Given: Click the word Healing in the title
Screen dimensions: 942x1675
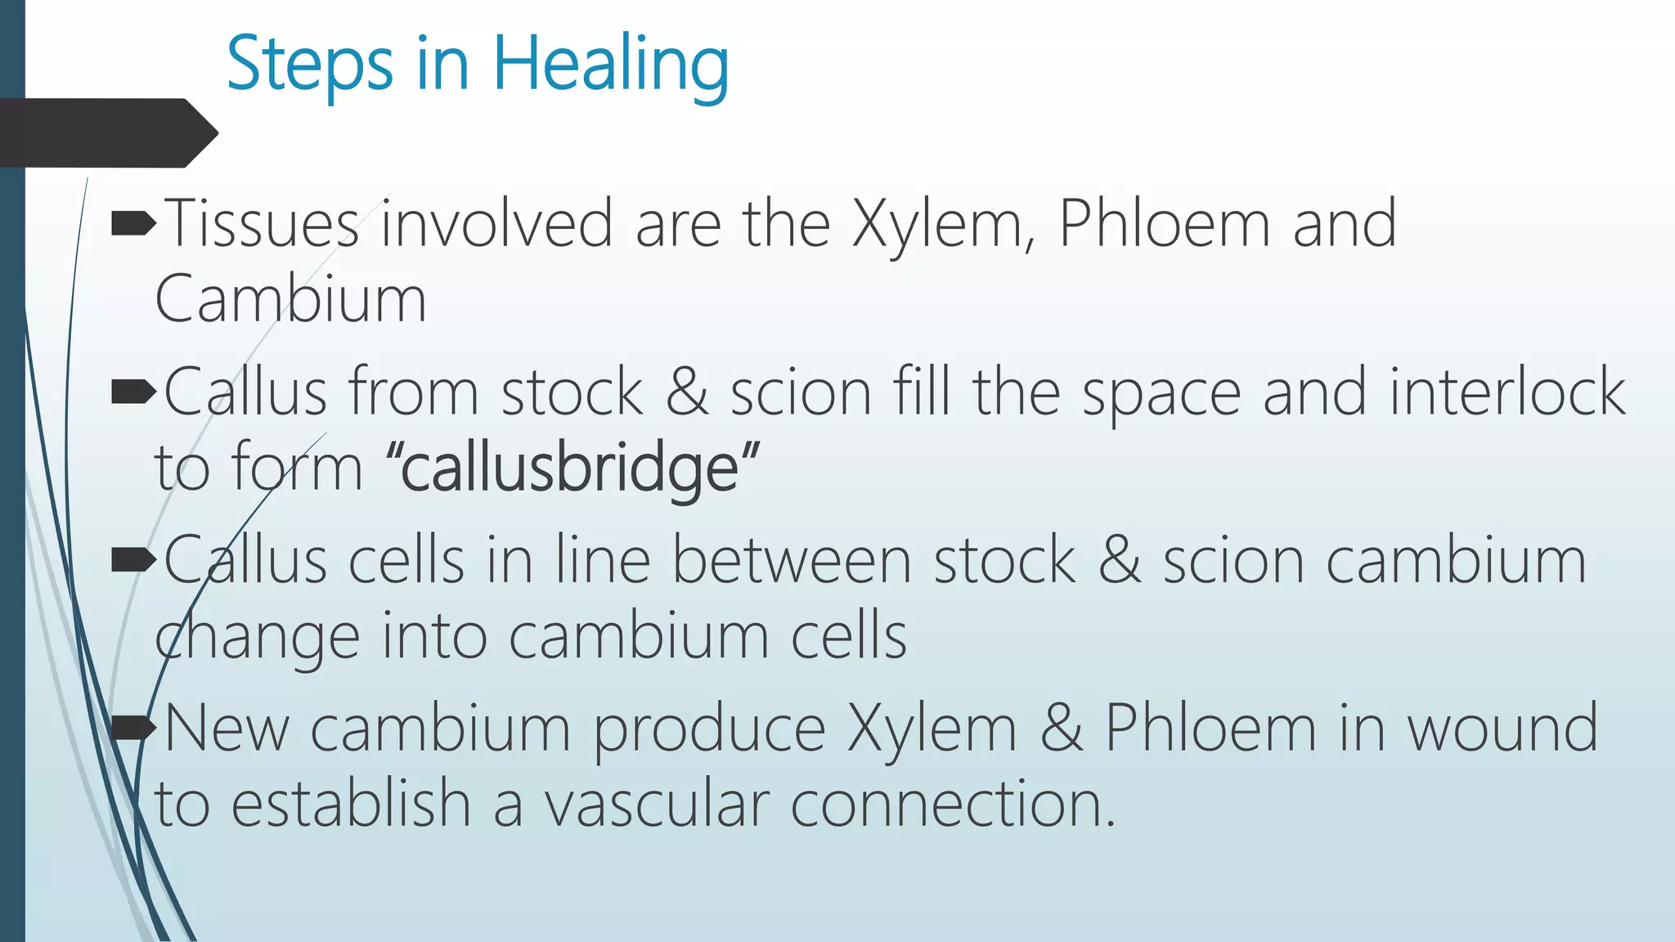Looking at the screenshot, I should pyautogui.click(x=610, y=65).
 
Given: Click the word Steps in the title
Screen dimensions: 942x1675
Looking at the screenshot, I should pyautogui.click(x=309, y=65).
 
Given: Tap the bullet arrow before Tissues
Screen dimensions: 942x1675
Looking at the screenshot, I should pyautogui.click(x=132, y=222).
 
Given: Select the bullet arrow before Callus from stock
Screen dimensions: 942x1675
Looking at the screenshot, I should pyautogui.click(x=132, y=392).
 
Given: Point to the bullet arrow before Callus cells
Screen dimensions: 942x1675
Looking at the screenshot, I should pyautogui.click(x=132, y=560).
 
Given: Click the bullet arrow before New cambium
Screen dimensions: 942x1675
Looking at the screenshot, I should pyautogui.click(x=132, y=727).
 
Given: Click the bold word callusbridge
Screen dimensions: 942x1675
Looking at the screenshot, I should pyautogui.click(x=570, y=469).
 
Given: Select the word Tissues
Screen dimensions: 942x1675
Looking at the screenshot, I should pyautogui.click(x=262, y=223).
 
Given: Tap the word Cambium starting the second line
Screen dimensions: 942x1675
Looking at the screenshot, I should pyautogui.click(x=290, y=299).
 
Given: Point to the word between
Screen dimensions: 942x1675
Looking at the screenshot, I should pyautogui.click(x=791, y=561).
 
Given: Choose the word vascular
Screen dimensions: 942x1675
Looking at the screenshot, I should pyautogui.click(x=657, y=804).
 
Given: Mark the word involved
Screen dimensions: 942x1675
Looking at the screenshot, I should pyautogui.click(x=496, y=223).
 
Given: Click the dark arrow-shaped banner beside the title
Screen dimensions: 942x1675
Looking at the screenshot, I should pyautogui.click(x=106, y=132).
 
